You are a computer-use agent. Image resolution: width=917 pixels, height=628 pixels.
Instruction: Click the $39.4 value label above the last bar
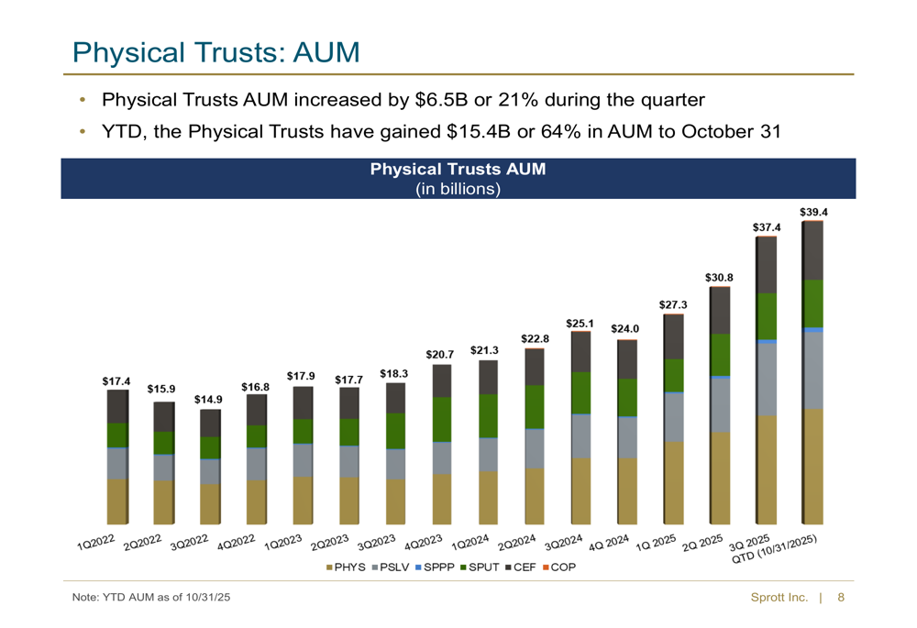(x=812, y=212)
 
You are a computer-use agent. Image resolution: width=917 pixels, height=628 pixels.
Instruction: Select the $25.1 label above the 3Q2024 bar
(x=580, y=323)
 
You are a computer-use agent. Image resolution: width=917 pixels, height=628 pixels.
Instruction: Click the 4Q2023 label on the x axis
(x=423, y=544)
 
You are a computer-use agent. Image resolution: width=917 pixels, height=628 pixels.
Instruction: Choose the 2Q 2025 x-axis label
(x=702, y=544)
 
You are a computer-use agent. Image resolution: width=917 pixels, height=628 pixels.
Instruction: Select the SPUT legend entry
(x=481, y=568)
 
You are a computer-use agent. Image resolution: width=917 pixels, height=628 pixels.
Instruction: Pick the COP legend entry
(x=560, y=568)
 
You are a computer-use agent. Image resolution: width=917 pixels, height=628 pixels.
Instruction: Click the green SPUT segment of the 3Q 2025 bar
(x=766, y=316)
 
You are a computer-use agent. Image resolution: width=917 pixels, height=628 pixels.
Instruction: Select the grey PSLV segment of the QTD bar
(x=812, y=369)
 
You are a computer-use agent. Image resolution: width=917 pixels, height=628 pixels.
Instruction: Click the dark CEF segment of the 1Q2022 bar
(x=116, y=406)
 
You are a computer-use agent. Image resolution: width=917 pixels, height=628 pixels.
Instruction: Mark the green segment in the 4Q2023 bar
(x=441, y=419)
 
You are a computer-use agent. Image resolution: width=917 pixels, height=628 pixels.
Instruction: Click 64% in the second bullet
(x=559, y=132)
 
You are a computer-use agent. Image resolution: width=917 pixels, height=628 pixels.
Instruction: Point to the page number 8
(x=841, y=598)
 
